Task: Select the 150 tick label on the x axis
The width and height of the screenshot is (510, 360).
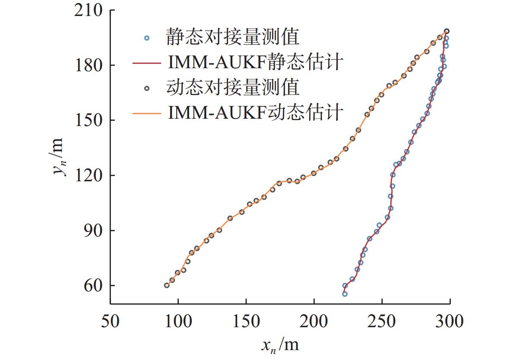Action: coord(246,322)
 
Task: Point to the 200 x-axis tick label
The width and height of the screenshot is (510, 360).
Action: coord(314,322)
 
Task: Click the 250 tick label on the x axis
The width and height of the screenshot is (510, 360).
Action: coord(382,322)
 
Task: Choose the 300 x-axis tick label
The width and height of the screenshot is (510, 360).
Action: coord(450,322)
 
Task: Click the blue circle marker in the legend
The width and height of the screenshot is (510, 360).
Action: coord(146,38)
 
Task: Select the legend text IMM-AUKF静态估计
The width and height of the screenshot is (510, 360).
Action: coord(254,63)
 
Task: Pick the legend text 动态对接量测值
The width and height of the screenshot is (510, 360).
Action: coord(232,88)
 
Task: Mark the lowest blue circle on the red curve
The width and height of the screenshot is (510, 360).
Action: coord(345,294)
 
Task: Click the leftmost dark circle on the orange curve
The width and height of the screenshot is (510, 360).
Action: coord(167,285)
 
